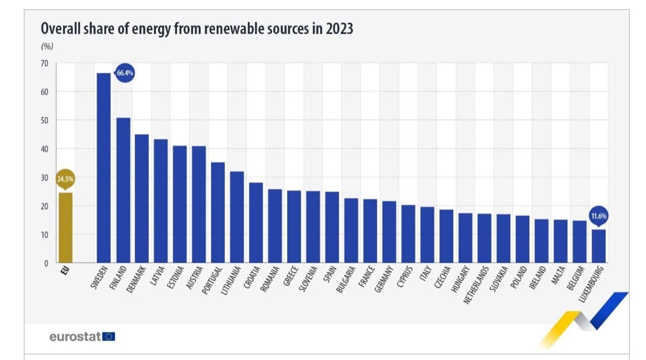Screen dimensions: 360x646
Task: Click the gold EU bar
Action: click(x=65, y=228)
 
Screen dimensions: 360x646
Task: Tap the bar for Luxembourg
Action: click(x=599, y=246)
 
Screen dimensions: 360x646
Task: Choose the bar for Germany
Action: click(x=389, y=232)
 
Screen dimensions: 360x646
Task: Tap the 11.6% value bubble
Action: click(x=599, y=216)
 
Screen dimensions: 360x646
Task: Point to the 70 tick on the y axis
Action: click(x=45, y=63)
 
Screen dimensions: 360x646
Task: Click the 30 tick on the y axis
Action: click(x=45, y=178)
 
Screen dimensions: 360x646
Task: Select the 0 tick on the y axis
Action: click(x=46, y=263)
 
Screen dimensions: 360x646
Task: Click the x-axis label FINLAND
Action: click(x=117, y=279)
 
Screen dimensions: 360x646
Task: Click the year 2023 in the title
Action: click(x=339, y=29)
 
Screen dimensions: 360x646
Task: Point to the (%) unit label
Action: click(x=47, y=47)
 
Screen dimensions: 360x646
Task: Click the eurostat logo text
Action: click(x=76, y=337)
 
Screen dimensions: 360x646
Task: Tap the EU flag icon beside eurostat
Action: click(x=109, y=336)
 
